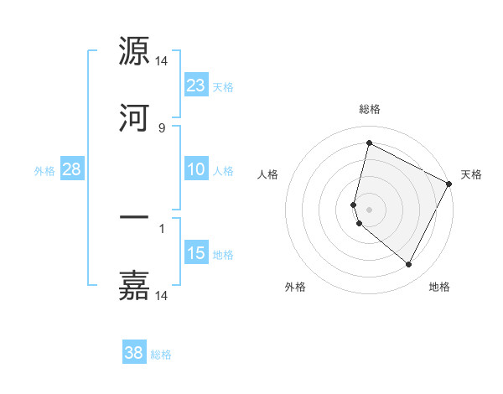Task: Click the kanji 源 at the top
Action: (134, 52)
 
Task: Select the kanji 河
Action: (134, 119)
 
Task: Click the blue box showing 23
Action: (196, 86)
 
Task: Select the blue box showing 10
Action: (196, 169)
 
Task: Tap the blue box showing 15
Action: (196, 253)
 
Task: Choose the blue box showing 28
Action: (72, 169)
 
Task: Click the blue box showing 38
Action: (134, 353)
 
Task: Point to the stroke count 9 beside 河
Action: (161, 127)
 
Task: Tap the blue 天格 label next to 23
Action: (223, 86)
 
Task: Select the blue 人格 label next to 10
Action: (223, 170)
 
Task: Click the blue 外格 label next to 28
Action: (44, 170)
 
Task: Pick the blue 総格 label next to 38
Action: (161, 354)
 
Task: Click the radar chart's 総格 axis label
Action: (370, 109)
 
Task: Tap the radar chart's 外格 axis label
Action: (295, 287)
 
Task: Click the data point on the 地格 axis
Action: (408, 265)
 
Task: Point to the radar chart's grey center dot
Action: (370, 209)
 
